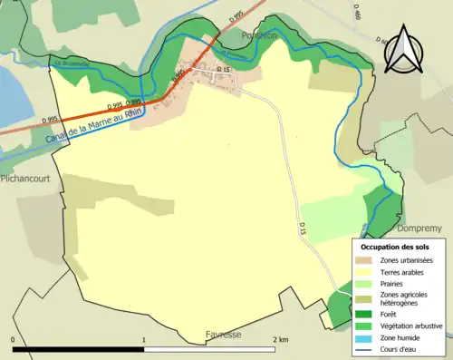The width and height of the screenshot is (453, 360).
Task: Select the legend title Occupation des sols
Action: click(x=395, y=247)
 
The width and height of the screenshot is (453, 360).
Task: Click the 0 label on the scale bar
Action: click(x=14, y=340)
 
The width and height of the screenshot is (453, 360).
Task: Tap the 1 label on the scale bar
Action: click(x=144, y=340)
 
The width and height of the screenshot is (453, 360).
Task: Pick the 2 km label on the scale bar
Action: click(x=280, y=340)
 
